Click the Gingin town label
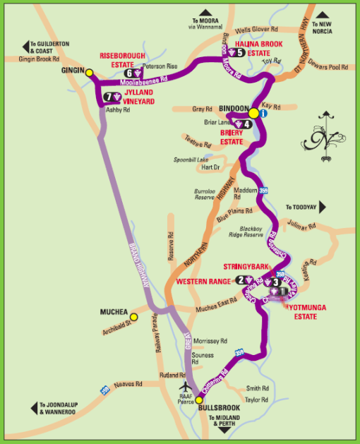(x=73, y=71)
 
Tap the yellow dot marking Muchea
(x=134, y=317)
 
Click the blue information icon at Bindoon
(x=263, y=113)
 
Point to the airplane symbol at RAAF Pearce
(x=185, y=388)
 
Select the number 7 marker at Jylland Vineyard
(x=108, y=97)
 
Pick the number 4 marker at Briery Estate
(x=248, y=125)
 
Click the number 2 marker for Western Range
(x=241, y=280)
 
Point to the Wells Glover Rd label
(x=253, y=30)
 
